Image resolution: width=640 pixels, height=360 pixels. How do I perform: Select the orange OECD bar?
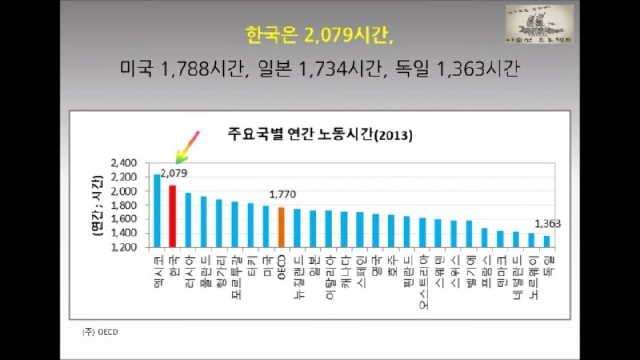click(x=282, y=227)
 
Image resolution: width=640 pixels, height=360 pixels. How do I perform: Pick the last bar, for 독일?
click(x=547, y=241)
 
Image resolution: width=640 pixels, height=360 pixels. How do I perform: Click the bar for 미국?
click(x=266, y=226)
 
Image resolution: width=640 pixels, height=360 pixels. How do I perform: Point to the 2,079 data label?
click(x=174, y=172)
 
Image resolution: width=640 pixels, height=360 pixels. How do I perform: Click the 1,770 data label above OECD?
click(x=281, y=195)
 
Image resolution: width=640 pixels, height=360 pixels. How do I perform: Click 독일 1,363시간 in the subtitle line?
click(x=466, y=68)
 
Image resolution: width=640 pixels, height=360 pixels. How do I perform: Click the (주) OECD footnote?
click(x=100, y=332)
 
